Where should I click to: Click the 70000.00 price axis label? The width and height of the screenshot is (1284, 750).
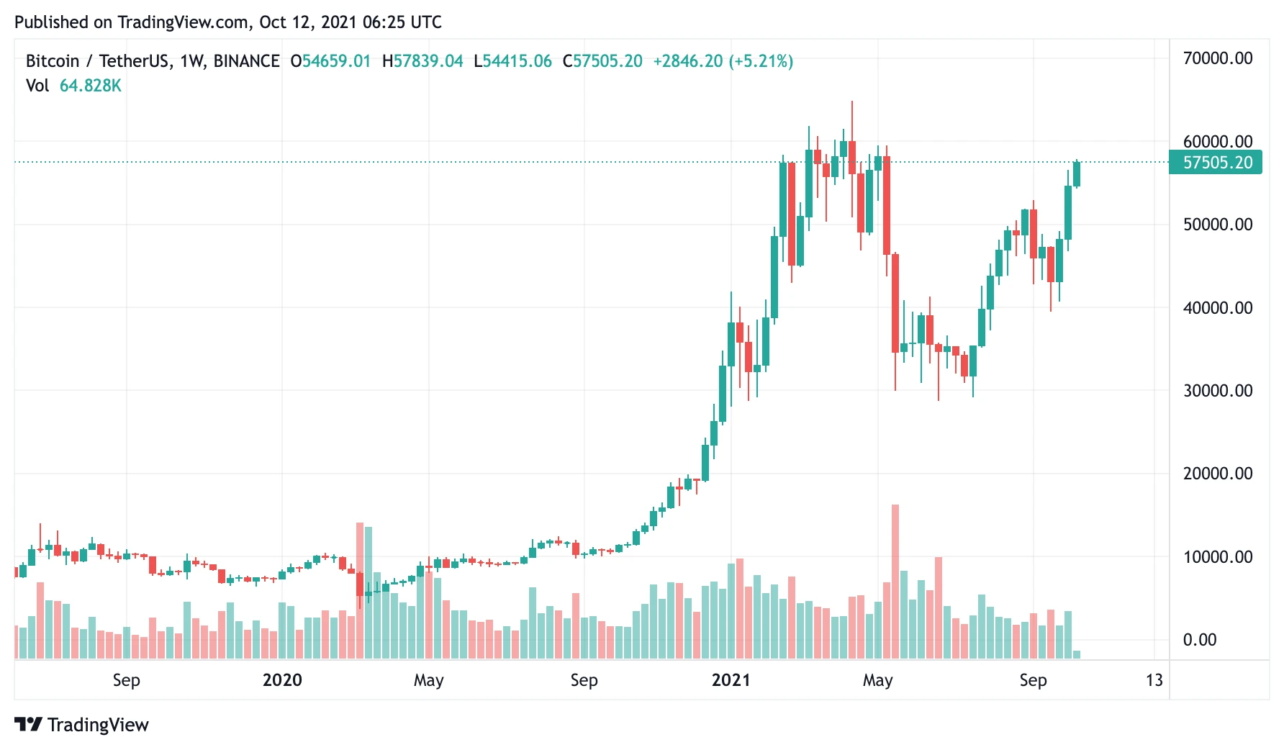1217,58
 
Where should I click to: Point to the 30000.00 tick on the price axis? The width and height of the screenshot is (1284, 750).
1217,391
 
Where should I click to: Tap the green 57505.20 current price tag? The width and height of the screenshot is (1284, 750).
1216,163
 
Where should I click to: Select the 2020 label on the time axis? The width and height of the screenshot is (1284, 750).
282,680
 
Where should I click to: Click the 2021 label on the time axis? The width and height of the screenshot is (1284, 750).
731,680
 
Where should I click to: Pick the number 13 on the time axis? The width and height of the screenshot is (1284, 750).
1154,680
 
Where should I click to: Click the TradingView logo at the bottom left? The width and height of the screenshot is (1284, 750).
81,724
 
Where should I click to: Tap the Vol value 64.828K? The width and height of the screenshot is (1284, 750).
90,86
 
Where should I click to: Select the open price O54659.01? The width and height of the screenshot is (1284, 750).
330,61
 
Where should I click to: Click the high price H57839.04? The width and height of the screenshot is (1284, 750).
422,61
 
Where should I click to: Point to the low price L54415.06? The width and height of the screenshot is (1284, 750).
512,61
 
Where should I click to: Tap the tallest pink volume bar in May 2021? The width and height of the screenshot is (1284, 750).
895,582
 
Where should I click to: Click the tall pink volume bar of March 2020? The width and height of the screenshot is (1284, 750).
360,590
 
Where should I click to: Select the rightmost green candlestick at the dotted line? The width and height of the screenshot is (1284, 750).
1077,174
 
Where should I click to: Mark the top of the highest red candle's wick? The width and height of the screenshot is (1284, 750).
852,102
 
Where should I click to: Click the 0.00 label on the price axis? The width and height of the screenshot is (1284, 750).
1199,640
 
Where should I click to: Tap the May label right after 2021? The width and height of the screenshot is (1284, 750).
877,680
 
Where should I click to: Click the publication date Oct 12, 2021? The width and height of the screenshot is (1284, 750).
307,22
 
